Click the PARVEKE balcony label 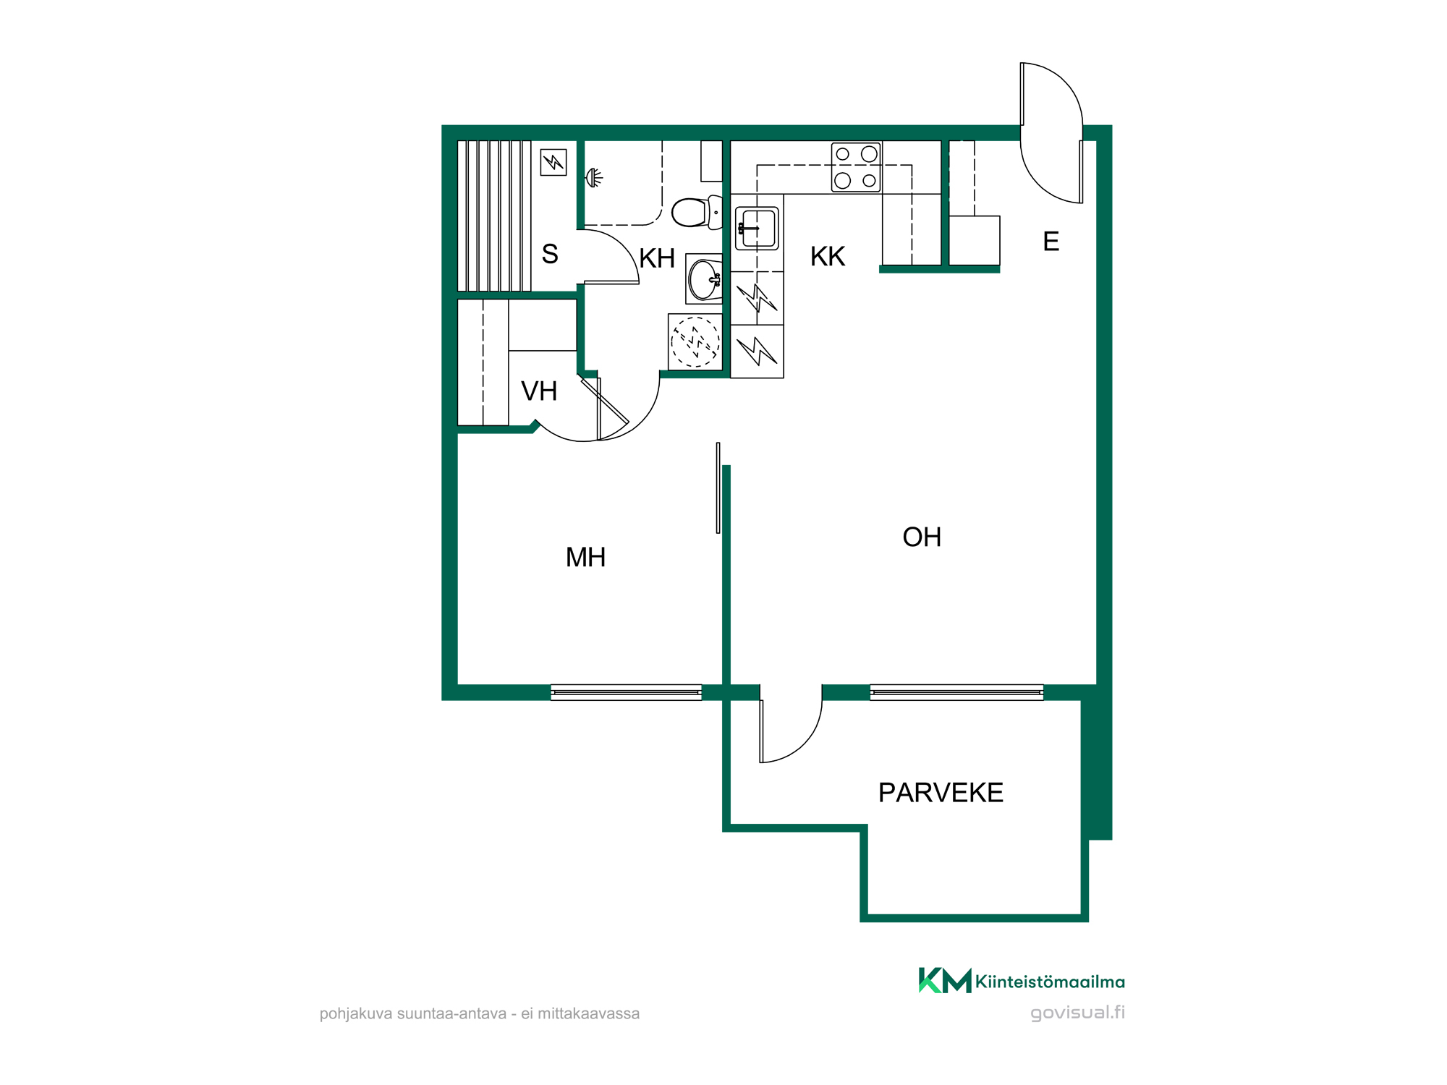pyautogui.click(x=941, y=793)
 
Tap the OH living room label pyautogui.click(x=922, y=537)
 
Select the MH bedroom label pyautogui.click(x=585, y=558)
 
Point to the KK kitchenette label pyautogui.click(x=828, y=257)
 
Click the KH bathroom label pyautogui.click(x=657, y=259)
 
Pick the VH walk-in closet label pyautogui.click(x=539, y=392)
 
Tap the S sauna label pyautogui.click(x=550, y=255)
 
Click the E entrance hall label pyautogui.click(x=1051, y=242)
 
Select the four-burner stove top pyautogui.click(x=856, y=167)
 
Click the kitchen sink pyautogui.click(x=757, y=229)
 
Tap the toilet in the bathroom pyautogui.click(x=697, y=212)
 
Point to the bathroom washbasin pyautogui.click(x=704, y=279)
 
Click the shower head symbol pyautogui.click(x=594, y=177)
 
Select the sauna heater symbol pyautogui.click(x=553, y=162)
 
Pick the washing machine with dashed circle pyautogui.click(x=695, y=342)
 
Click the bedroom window pyautogui.click(x=627, y=693)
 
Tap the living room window pyautogui.click(x=956, y=693)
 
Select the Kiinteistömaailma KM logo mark pyautogui.click(x=945, y=981)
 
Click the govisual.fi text pyautogui.click(x=1077, y=1013)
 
